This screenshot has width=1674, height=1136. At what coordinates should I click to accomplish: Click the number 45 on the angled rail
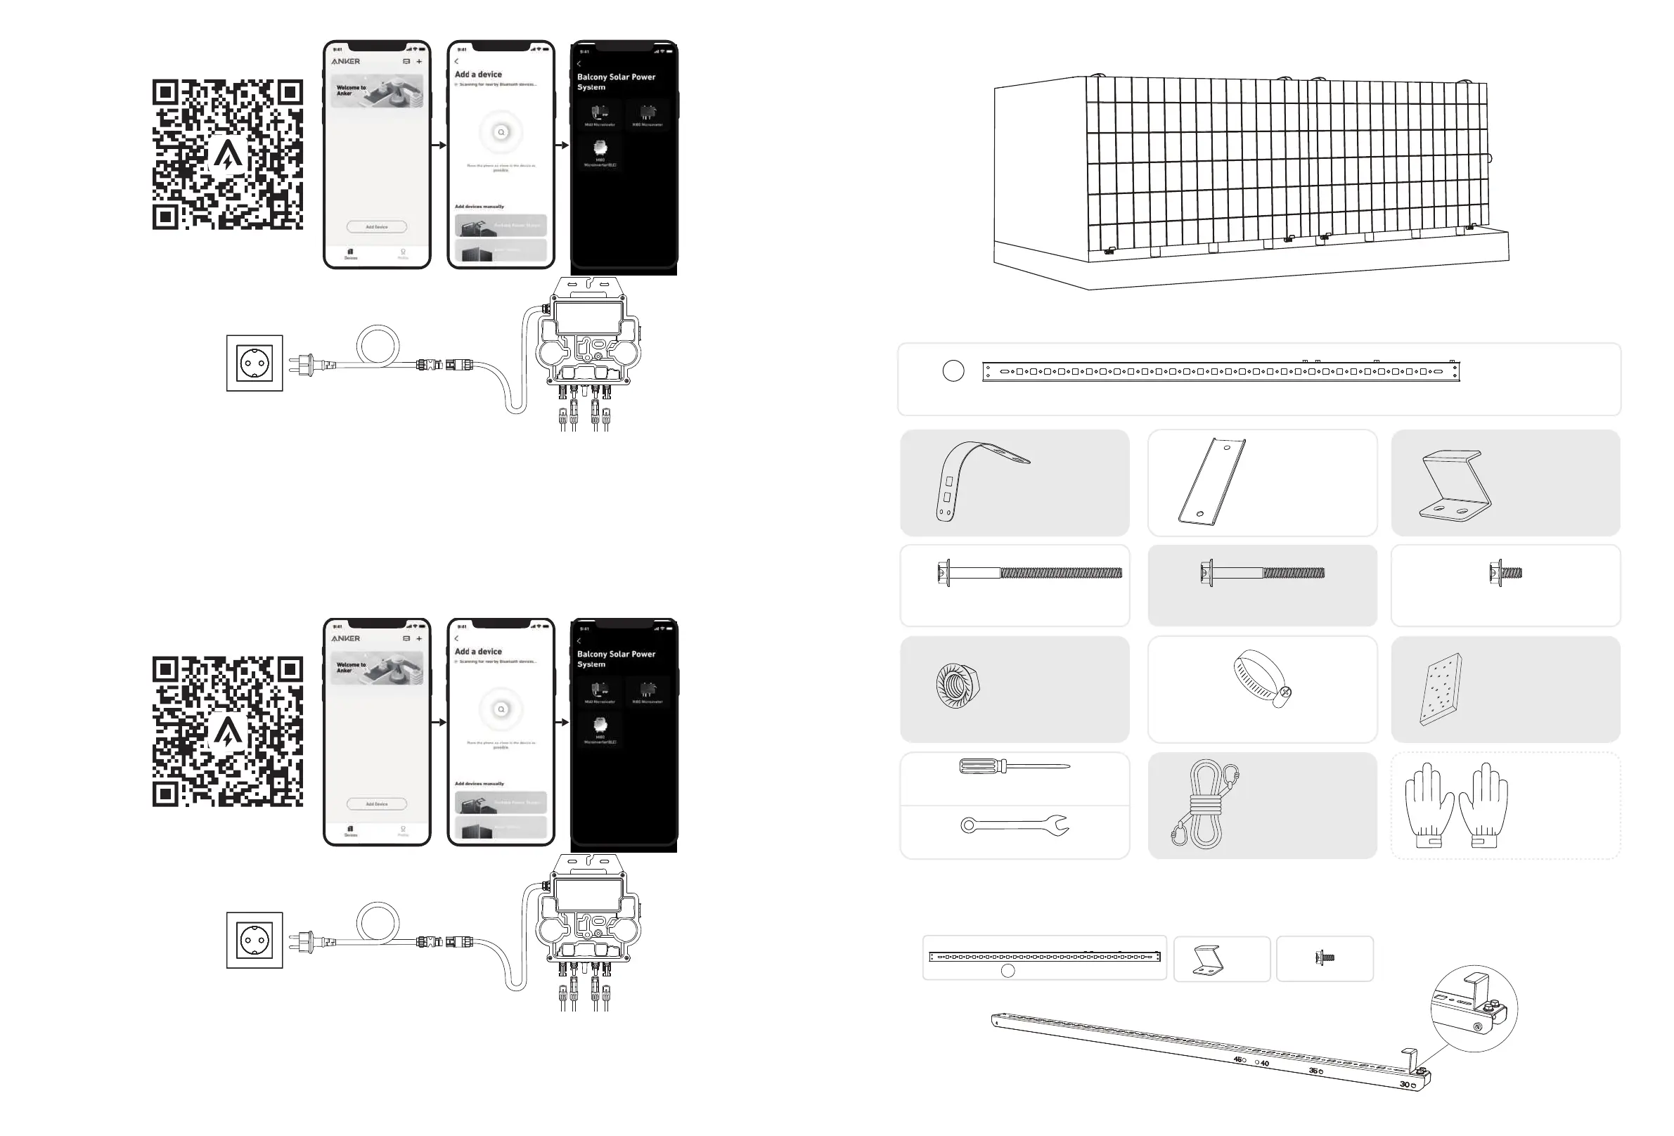(1238, 1059)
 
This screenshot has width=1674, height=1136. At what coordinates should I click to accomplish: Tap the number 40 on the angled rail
(1265, 1064)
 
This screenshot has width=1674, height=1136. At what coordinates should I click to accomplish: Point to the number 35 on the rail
(1313, 1071)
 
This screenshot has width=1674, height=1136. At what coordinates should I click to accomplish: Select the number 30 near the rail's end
(1404, 1084)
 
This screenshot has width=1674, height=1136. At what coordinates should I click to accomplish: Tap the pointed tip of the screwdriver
(1067, 766)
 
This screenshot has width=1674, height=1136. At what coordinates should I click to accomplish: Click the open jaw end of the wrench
(1060, 825)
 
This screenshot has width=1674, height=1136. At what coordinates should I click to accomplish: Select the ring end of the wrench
(967, 825)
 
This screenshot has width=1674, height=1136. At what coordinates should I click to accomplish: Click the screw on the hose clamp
(1286, 693)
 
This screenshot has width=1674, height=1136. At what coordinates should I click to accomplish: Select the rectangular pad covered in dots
(1440, 689)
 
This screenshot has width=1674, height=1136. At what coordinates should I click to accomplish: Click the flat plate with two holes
(1212, 482)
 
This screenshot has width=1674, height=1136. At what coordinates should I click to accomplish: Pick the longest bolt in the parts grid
(1029, 574)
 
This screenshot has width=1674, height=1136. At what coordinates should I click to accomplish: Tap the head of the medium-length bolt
(1206, 574)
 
